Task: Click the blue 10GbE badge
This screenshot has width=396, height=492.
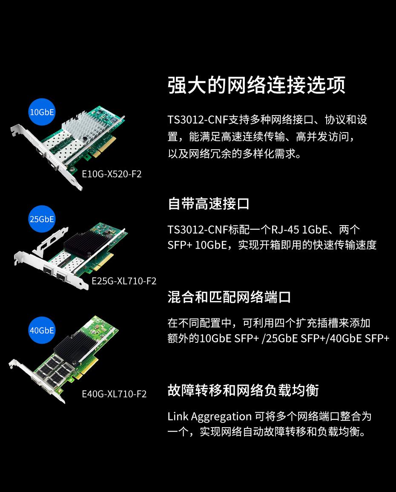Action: pyautogui.click(x=42, y=112)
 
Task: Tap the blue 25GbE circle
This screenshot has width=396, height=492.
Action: pyautogui.click(x=42, y=219)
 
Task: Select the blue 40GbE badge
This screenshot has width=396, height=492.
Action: pyautogui.click(x=42, y=330)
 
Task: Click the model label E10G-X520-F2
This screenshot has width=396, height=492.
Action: pyautogui.click(x=112, y=174)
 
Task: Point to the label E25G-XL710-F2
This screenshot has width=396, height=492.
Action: pyautogui.click(x=124, y=281)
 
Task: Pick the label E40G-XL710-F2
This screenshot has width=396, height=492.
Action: pyautogui.click(x=114, y=394)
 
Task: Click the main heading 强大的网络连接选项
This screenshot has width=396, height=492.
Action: pyautogui.click(x=257, y=85)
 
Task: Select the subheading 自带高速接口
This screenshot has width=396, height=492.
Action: pyautogui.click(x=209, y=204)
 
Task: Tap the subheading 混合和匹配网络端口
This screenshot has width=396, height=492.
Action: pyautogui.click(x=230, y=297)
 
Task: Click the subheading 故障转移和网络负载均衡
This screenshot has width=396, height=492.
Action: pyautogui.click(x=243, y=391)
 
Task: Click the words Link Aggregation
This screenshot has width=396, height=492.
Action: pyautogui.click(x=209, y=417)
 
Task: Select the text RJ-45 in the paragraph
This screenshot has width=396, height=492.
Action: pyautogui.click(x=285, y=230)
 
